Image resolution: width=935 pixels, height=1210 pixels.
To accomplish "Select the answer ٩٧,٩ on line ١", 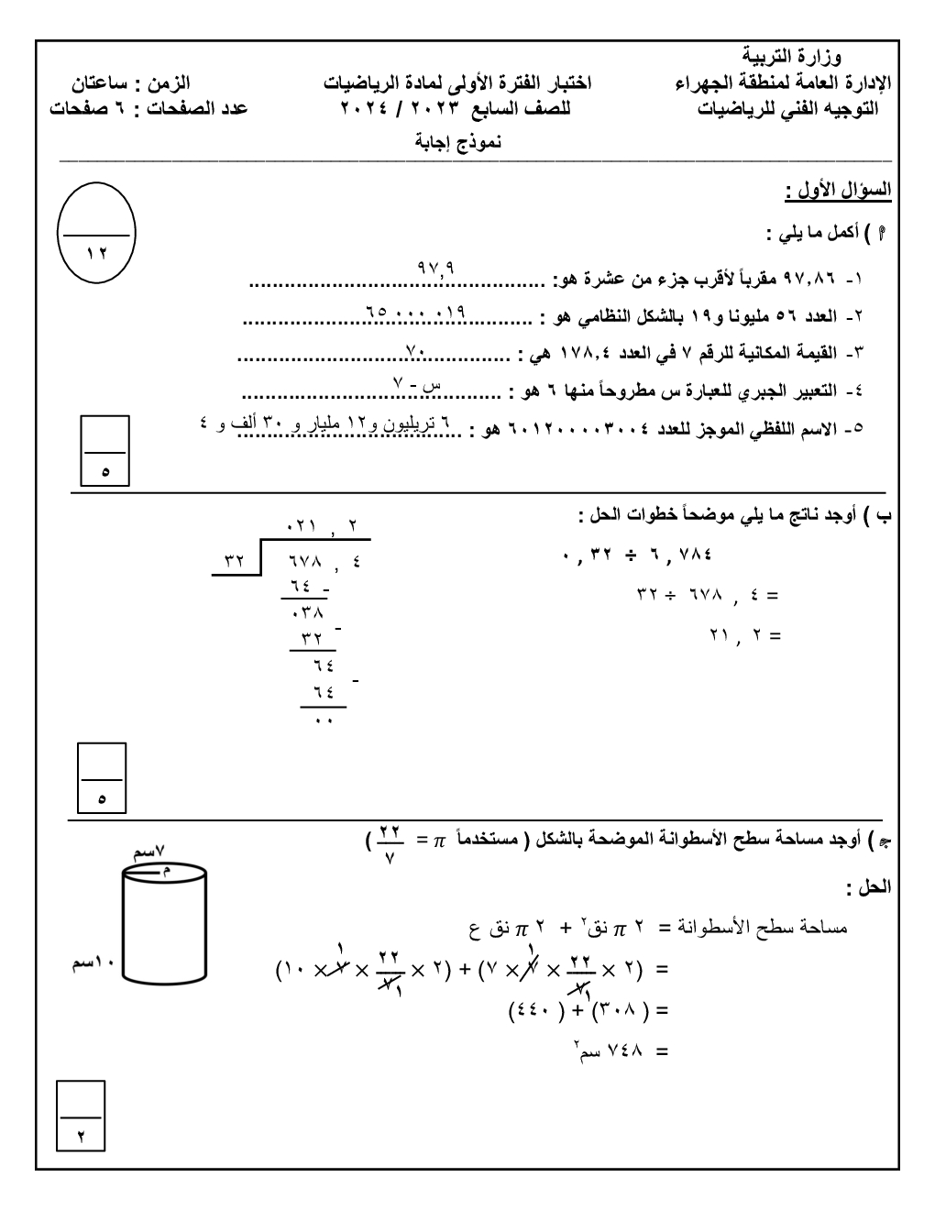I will click(436, 269).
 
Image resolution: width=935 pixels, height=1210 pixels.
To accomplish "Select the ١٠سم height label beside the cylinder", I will click(91, 966).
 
